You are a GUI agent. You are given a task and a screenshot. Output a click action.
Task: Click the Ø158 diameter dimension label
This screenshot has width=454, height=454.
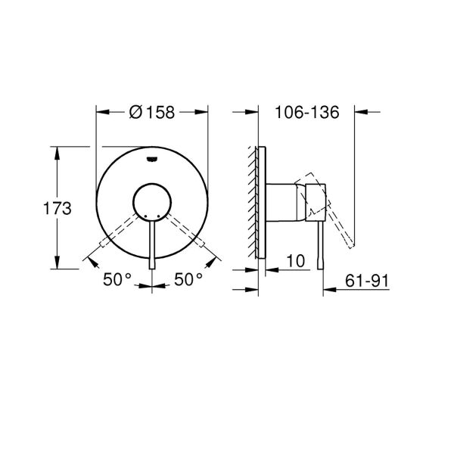[151, 112]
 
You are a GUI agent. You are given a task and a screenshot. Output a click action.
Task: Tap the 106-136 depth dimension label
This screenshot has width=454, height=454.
[305, 112]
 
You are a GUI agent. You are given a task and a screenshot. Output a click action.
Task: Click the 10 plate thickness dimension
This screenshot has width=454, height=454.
[296, 261]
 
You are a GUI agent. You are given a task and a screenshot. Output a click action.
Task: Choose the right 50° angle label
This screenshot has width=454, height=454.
[188, 279]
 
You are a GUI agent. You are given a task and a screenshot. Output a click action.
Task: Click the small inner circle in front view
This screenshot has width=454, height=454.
[152, 202]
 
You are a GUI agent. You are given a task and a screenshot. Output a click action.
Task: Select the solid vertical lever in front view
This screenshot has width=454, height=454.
[152, 242]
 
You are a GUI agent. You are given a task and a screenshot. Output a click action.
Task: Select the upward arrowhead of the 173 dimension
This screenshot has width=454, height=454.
[57, 151]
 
